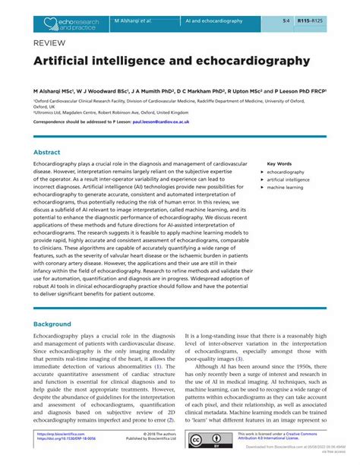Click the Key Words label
point(279,163)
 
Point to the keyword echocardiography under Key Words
point(285,172)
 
